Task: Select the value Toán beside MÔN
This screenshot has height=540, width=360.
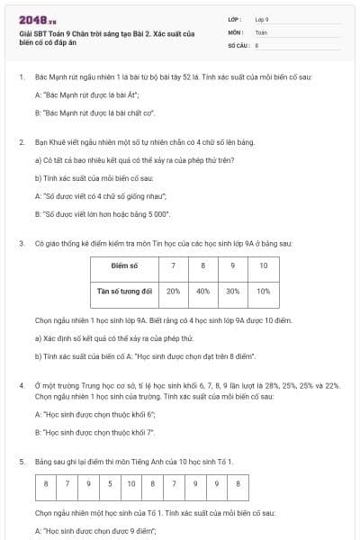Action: pos(261,31)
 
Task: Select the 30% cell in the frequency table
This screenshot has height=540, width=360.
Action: pos(232,291)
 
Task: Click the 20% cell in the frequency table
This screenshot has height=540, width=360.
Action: pos(173,291)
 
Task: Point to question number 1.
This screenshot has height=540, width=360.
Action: pos(21,77)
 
